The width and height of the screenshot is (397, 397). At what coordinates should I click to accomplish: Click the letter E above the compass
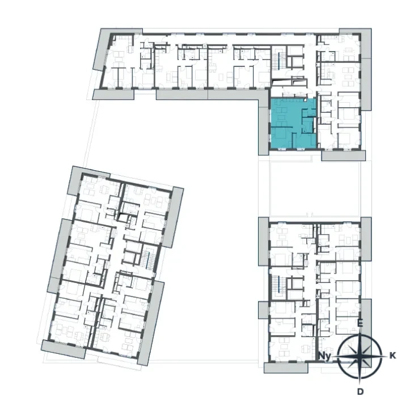pyautogui.click(x=360, y=324)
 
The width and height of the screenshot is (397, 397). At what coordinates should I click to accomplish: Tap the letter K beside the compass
pyautogui.click(x=392, y=356)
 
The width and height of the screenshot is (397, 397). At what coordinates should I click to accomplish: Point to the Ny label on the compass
pyautogui.click(x=324, y=356)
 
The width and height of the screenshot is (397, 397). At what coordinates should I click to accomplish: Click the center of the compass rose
pyautogui.click(x=360, y=356)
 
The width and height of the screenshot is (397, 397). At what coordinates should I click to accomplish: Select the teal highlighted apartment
pyautogui.click(x=293, y=123)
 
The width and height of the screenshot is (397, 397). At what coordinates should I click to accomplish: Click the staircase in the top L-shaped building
pyautogui.click(x=278, y=61)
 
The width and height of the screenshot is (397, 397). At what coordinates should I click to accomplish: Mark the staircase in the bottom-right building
pyautogui.click(x=278, y=285)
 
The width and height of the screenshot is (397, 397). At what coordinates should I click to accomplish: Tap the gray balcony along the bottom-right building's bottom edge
pyautogui.click(x=286, y=368)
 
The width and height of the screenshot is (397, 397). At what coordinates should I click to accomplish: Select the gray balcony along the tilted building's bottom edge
pyautogui.click(x=64, y=349)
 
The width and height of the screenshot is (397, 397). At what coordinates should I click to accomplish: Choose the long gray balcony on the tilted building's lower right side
pyautogui.click(x=150, y=323)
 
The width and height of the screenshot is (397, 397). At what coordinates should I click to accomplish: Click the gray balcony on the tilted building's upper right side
pyautogui.click(x=174, y=217)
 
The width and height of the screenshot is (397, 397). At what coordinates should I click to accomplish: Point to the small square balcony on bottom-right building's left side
pyautogui.click(x=264, y=310)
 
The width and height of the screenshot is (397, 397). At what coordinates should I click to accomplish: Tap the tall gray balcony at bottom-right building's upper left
pyautogui.click(x=264, y=242)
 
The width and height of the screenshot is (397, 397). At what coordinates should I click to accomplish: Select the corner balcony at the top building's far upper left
pyautogui.click(x=102, y=49)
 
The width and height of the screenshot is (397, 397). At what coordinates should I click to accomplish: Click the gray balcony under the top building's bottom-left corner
pyautogui.click(x=113, y=95)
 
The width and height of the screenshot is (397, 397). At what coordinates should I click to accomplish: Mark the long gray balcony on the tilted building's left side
pyautogui.click(x=60, y=256)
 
